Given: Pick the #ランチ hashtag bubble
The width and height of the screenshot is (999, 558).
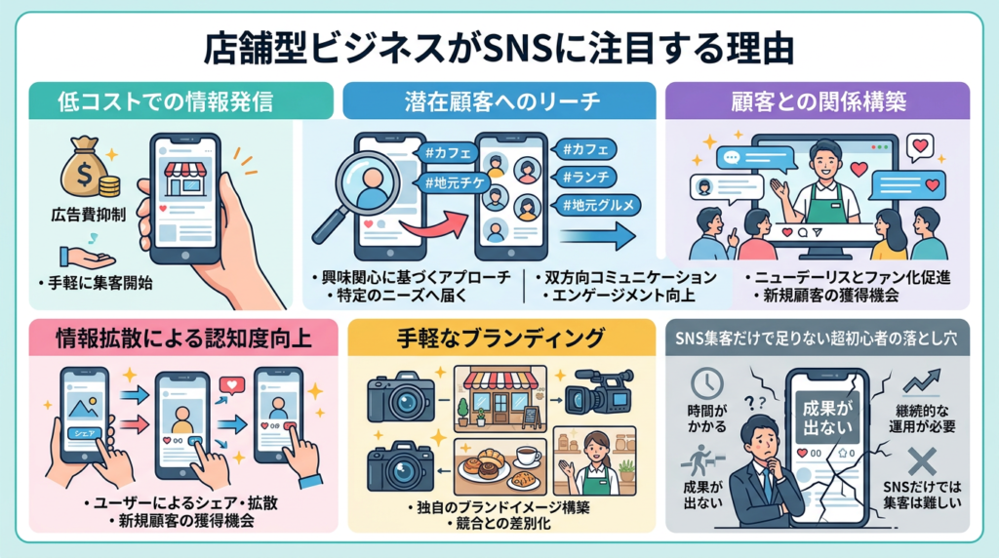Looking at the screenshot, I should [x=584, y=177].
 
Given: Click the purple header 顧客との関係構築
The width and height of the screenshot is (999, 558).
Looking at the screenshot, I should [x=817, y=100].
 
